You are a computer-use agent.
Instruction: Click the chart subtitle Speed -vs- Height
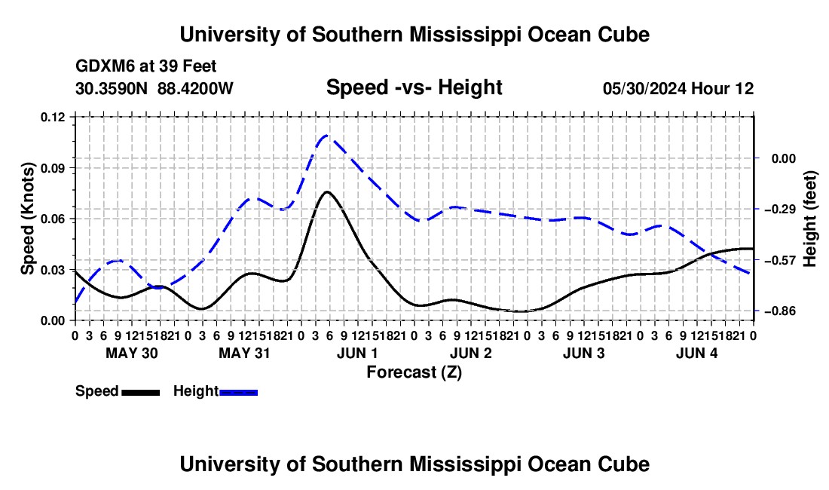(414, 87)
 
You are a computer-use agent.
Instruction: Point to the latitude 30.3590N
(112, 88)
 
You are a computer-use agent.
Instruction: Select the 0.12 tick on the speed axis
(52, 117)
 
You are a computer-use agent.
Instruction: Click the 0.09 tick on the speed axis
(52, 168)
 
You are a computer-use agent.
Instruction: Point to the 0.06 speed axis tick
(52, 219)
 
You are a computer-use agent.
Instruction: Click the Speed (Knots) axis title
(27, 219)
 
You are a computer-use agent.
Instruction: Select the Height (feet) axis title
(810, 219)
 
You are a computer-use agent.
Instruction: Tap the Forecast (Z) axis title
(414, 372)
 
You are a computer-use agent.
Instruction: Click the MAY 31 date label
(244, 353)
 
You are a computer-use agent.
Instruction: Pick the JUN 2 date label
(470, 353)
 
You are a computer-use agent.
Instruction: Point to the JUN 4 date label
(697, 353)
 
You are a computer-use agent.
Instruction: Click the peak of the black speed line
(327, 191)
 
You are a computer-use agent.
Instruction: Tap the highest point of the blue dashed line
(326, 136)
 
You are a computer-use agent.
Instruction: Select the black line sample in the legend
(141, 392)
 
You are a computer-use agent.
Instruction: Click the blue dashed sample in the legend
(238, 392)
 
